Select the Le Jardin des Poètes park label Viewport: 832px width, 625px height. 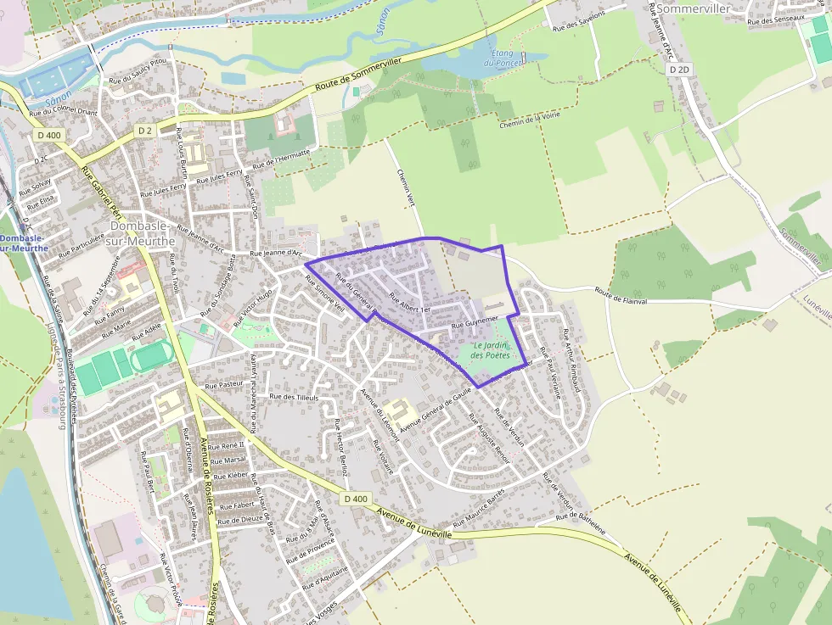pyautogui.click(x=491, y=350)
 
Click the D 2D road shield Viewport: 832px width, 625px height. pyautogui.click(x=677, y=69)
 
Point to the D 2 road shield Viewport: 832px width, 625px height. pyautogui.click(x=145, y=131)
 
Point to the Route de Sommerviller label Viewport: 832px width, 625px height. pyautogui.click(x=357, y=74)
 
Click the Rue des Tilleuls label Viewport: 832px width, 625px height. pyautogui.click(x=293, y=397)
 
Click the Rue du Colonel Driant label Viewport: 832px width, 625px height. pyautogui.click(x=64, y=112)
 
